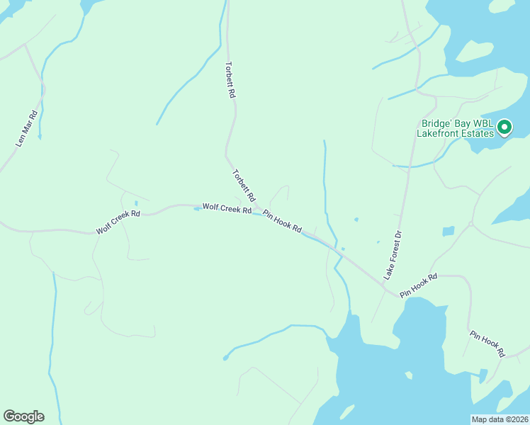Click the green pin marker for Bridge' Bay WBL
(504, 127)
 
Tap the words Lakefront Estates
(454, 133)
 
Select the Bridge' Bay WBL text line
(454, 123)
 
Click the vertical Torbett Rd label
(230, 79)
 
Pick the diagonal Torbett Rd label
(243, 183)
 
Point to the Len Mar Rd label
(26, 129)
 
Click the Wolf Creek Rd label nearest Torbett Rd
(227, 209)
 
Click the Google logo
(23, 416)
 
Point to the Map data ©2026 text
(500, 419)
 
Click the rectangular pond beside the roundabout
(448, 231)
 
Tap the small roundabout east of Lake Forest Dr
(470, 225)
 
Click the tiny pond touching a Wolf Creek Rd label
(197, 208)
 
